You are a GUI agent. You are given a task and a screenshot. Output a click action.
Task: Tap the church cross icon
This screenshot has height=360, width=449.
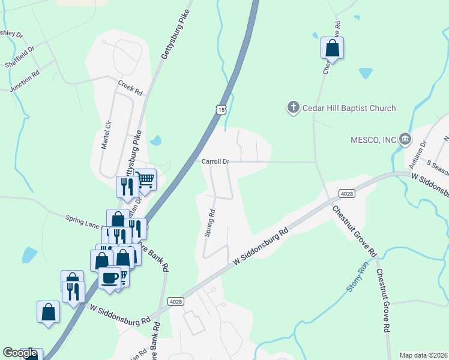[x=294, y=108]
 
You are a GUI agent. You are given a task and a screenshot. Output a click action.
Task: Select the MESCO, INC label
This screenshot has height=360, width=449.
[x=374, y=140]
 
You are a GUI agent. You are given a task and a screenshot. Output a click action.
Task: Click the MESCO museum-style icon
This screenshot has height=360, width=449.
[x=405, y=140]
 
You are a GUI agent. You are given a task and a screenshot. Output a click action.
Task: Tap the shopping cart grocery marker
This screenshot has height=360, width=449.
[x=145, y=178]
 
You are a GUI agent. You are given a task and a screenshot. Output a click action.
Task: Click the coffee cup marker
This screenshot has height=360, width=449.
[x=110, y=278]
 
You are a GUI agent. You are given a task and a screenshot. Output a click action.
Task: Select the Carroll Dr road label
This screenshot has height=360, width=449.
[x=215, y=161]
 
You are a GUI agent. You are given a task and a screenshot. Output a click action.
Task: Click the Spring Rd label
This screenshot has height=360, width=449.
[x=209, y=223]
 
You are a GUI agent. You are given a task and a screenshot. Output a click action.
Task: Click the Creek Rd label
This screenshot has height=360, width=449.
[x=130, y=88]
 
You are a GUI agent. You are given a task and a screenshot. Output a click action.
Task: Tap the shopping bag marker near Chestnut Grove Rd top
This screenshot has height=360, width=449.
[x=332, y=49]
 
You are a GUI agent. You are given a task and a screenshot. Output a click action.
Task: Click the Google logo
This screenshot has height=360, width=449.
[x=20, y=353]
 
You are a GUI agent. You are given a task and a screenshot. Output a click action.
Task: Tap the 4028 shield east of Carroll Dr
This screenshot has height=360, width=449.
[x=346, y=193]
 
